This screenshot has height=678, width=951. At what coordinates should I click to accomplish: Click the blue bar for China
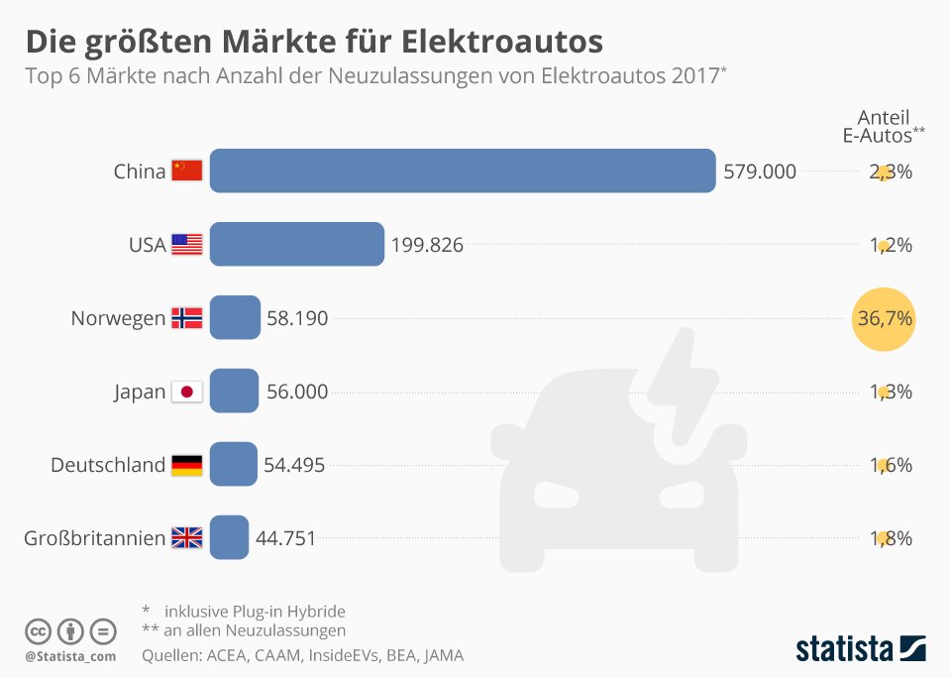click(463, 170)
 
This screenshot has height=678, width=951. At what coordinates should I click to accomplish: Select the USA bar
click(297, 244)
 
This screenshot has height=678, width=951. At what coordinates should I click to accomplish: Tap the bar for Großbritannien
click(229, 537)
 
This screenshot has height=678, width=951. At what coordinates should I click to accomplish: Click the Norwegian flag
click(187, 318)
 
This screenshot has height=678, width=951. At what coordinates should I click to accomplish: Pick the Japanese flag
click(187, 392)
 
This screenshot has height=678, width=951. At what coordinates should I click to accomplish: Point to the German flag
click(187, 465)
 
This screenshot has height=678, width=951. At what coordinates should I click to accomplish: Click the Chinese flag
click(187, 170)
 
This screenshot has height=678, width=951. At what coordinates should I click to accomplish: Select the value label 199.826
click(427, 245)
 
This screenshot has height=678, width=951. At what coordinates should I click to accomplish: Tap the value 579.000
click(760, 171)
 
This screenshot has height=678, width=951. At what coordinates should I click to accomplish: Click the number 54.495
click(294, 465)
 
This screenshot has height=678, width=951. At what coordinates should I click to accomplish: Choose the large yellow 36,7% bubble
click(884, 318)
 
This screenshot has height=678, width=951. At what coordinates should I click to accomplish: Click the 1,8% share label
click(891, 538)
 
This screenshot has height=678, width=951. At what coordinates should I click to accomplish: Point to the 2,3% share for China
click(891, 171)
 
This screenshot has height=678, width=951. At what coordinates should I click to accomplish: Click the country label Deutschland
click(108, 465)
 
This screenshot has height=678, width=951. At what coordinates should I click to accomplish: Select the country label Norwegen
click(118, 318)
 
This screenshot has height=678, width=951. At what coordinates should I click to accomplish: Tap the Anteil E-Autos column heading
click(884, 126)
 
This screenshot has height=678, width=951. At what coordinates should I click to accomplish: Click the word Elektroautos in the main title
click(501, 42)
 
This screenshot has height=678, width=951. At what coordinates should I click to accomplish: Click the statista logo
click(861, 648)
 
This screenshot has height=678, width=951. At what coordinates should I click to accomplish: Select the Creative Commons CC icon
click(38, 631)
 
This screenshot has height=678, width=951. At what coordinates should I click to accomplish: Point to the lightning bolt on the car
click(684, 386)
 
